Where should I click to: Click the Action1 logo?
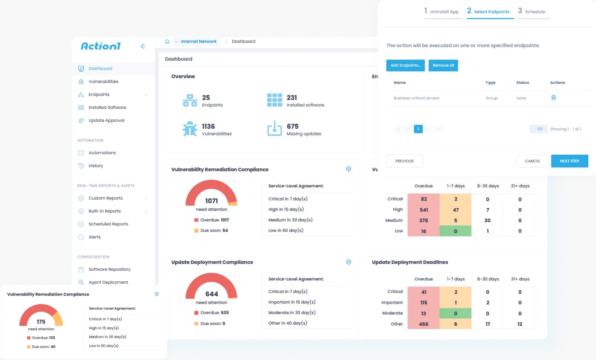click(x=100, y=46)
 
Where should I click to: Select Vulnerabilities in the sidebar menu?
click(x=103, y=81)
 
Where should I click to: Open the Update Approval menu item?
click(x=106, y=120)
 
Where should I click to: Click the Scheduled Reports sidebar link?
click(x=108, y=224)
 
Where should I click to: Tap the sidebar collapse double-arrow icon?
click(x=143, y=46)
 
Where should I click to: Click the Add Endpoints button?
click(x=405, y=65)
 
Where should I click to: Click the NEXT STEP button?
click(x=569, y=161)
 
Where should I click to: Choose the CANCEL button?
click(x=532, y=161)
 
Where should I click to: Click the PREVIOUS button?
click(x=404, y=161)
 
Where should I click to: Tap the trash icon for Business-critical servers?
click(x=553, y=98)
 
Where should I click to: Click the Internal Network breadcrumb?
click(x=198, y=42)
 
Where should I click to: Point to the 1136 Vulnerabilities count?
click(x=208, y=126)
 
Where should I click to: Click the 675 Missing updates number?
click(x=293, y=126)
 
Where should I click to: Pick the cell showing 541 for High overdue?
click(x=424, y=210)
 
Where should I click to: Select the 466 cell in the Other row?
click(x=424, y=324)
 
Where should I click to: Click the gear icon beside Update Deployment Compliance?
click(x=348, y=262)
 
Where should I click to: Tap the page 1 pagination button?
click(x=418, y=129)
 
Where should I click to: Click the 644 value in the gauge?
click(x=212, y=294)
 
